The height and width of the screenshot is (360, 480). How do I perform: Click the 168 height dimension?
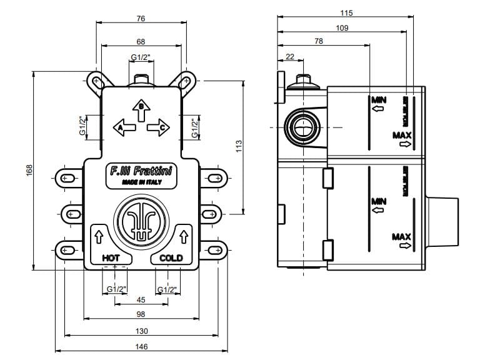point(29,170)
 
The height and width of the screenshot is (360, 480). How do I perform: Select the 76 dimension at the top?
point(141,19)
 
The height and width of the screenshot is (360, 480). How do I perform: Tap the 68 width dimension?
point(141,41)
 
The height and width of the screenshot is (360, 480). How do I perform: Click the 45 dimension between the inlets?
point(141,300)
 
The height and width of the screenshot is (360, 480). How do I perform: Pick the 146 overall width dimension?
point(141,347)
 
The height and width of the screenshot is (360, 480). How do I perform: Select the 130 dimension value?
point(141,331)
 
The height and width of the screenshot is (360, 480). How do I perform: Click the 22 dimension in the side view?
point(289,57)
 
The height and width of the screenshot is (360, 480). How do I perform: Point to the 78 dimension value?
point(319,41)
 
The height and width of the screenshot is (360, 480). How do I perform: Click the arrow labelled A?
point(124,128)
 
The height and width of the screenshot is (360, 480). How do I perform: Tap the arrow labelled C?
point(159,128)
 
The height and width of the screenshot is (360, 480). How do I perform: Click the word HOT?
point(111,257)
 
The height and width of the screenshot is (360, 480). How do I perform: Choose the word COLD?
point(171,257)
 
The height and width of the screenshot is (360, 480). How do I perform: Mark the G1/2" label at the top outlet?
point(141,57)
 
